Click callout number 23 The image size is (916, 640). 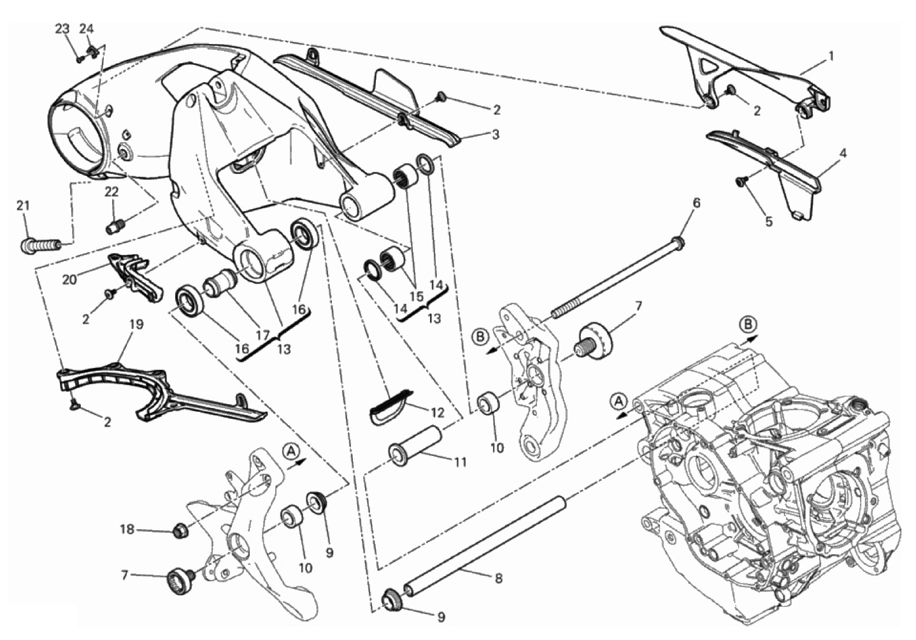pyautogui.click(x=62, y=29)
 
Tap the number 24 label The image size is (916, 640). pyautogui.click(x=86, y=29)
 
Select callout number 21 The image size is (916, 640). pyautogui.click(x=24, y=205)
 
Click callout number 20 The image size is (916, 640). pyautogui.click(x=69, y=279)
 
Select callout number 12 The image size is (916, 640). pyautogui.click(x=437, y=412)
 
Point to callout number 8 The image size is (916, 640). pyautogui.click(x=498, y=578)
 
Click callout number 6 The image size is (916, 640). pyautogui.click(x=696, y=203)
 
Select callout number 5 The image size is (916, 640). pyautogui.click(x=769, y=221)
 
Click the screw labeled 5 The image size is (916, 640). pyautogui.click(x=741, y=181)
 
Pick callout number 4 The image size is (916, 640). pyautogui.click(x=842, y=154)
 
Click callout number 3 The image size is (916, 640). pyautogui.click(x=495, y=135)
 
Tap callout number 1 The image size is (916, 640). pyautogui.click(x=830, y=55)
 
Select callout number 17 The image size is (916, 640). pyautogui.click(x=263, y=335)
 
